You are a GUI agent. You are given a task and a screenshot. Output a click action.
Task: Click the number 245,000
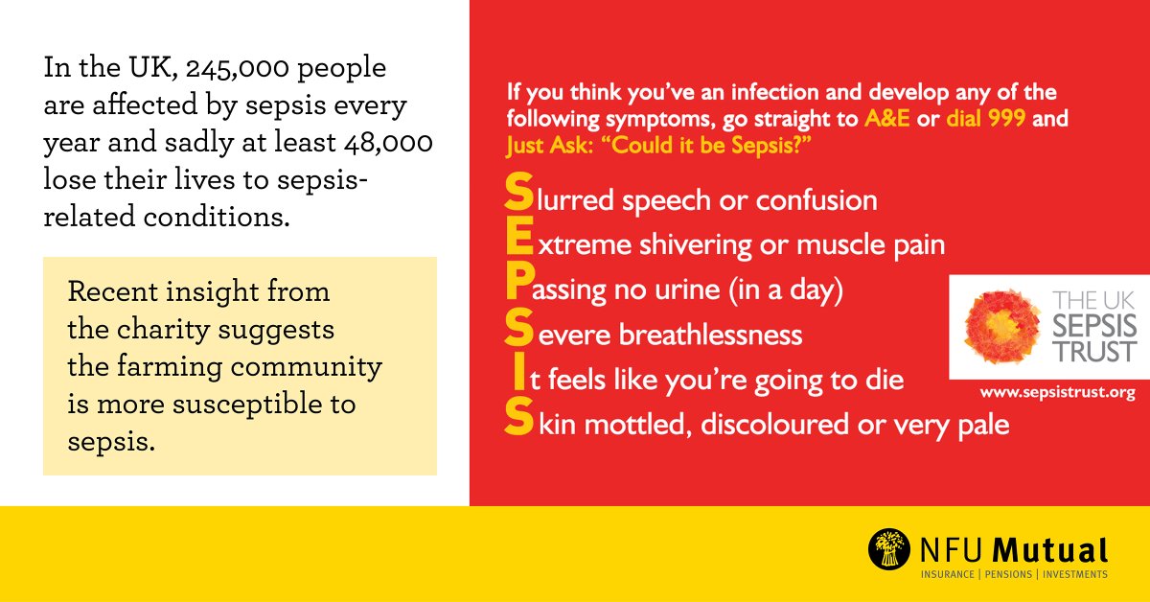pos(236,69)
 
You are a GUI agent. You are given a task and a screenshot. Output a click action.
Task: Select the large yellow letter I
pos(517,378)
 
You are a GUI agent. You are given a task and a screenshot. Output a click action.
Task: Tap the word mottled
pos(638,424)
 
